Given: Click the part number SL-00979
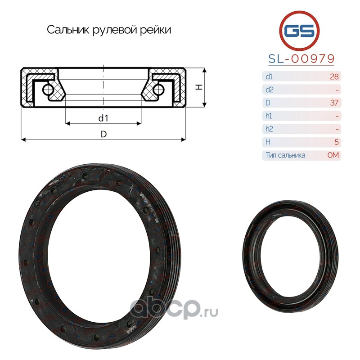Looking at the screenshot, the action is tap(301, 59).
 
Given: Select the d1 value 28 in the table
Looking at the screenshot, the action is tap(334, 76).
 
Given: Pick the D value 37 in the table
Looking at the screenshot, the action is tap(334, 103).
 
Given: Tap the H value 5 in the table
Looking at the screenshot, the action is tap(337, 142).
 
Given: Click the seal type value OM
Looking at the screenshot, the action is tap(333, 155).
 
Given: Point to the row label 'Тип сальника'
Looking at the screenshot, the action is tap(285, 155).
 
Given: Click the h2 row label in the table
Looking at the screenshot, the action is tap(269, 129).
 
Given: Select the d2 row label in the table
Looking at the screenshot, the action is tap(269, 90).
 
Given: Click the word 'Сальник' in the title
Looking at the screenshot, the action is tap(68, 30).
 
